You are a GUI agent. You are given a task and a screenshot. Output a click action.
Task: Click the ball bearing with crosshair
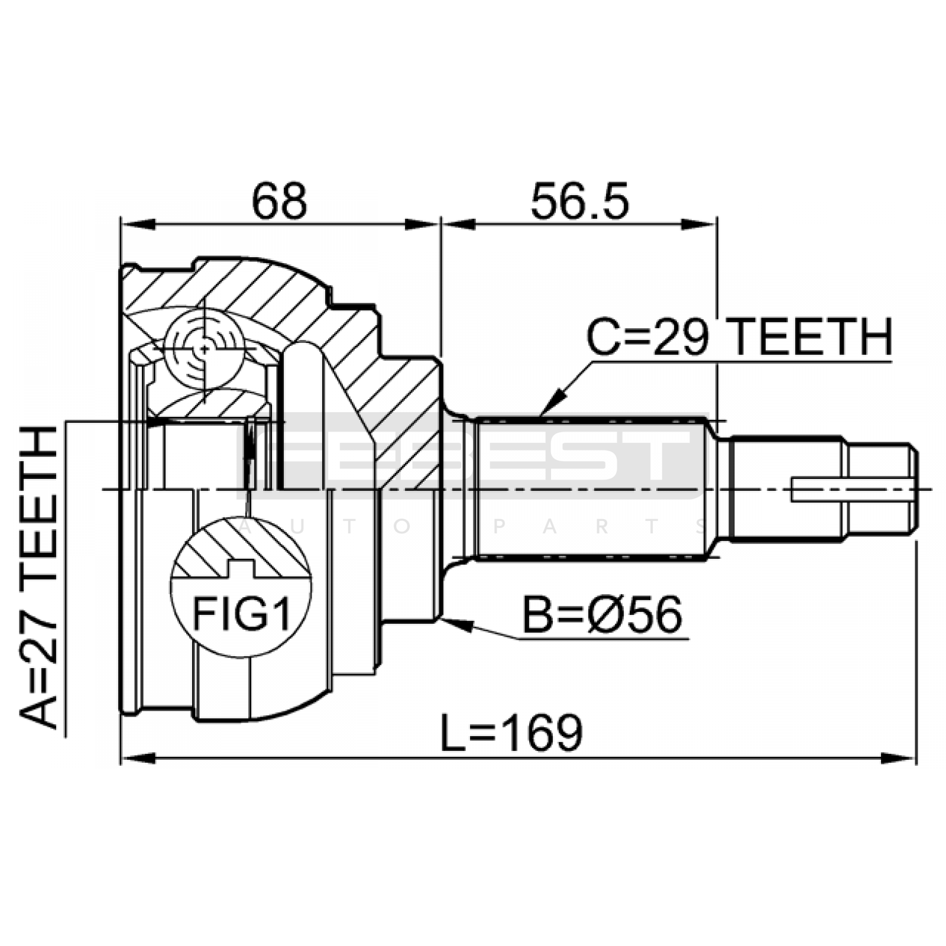pos(205,349)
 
